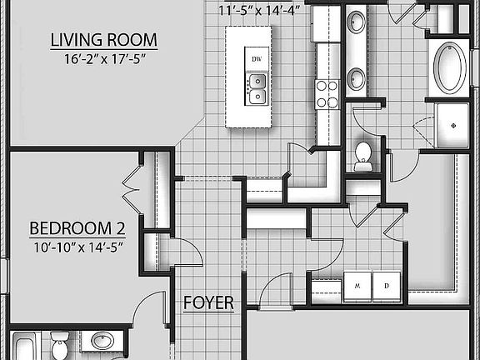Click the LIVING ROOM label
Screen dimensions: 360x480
pos(104,40)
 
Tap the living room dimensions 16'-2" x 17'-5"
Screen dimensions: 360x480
pos(104,59)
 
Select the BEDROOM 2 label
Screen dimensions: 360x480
pos(71,228)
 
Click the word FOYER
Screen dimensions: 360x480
pos(208,303)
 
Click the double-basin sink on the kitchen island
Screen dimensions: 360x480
pos(257,88)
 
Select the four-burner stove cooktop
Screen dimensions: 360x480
pos(327,92)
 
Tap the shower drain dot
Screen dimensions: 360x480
pos(453,124)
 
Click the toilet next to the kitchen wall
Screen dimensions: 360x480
pos(362,156)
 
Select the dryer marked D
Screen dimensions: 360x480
pos(387,284)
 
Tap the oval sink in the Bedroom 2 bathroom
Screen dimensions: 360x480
pos(102,342)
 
